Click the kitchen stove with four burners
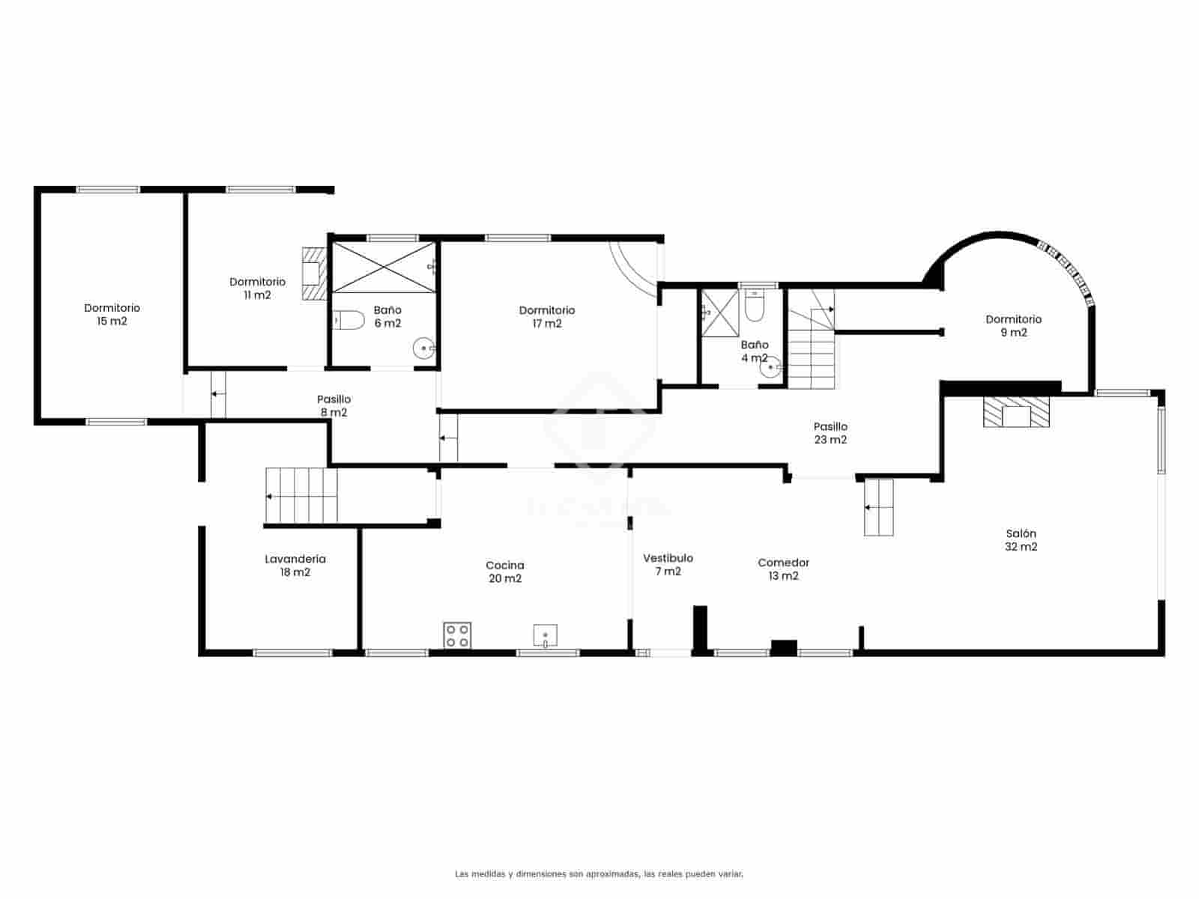coord(457,635)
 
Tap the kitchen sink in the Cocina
coord(546,635)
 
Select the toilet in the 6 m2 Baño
coord(348,321)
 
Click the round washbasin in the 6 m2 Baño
coord(424,348)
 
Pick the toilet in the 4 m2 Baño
coord(754,308)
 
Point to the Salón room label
coord(1021,540)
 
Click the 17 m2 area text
coord(547,324)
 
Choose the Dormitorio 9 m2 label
coord(1013,326)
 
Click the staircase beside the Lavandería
coord(302,495)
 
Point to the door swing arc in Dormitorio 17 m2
coord(633,270)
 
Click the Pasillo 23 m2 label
coord(830,433)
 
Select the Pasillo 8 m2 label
coord(333,406)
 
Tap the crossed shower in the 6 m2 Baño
coord(383,267)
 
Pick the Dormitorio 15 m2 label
coord(112,315)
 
